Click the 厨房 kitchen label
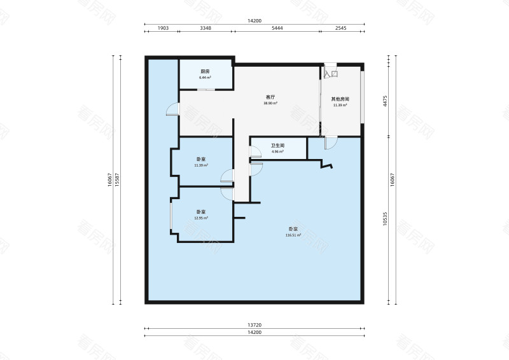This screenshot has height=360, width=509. coord(205,71)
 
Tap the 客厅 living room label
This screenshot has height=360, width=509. coord(270,97)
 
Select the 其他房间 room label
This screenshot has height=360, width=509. coord(340,99)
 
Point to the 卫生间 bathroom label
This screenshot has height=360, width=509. coord(277,146)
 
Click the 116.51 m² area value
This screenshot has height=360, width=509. coord(293,235)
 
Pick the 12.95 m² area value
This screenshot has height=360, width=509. coord(200,218)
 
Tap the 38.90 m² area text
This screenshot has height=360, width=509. coord(270,103)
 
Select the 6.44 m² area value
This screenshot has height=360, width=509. coord(205,77)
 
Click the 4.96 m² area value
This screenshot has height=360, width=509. coord(277,151)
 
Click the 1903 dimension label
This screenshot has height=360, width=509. coord(162,29)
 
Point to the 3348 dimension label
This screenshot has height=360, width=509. coord(206,29)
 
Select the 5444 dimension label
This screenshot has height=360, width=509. coord(277,29)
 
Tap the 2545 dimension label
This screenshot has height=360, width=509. coord(340,29)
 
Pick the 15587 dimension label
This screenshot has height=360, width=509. coord(118,179)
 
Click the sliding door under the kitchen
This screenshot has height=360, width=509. coord(205,90)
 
